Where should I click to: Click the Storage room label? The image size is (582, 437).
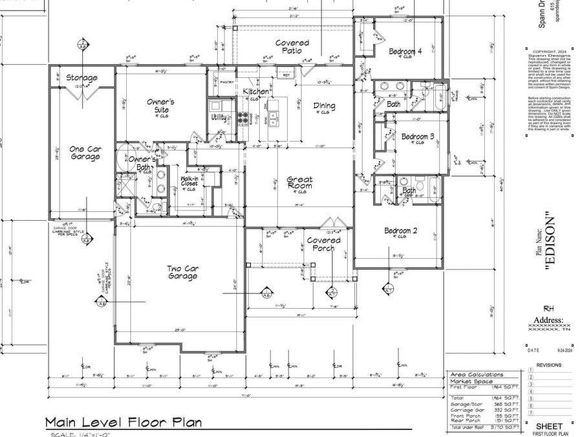[x=82, y=78]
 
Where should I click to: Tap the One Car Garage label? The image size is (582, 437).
[x=85, y=152]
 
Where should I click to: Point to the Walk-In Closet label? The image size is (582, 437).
[x=189, y=181]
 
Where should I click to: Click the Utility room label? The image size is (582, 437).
[x=218, y=117]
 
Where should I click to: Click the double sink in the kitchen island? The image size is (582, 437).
[x=275, y=117]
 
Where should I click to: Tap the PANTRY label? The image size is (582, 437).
[x=226, y=82]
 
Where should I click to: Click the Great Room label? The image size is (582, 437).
[x=299, y=183]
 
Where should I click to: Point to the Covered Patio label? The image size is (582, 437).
[x=292, y=47]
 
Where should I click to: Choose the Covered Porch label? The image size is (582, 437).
[x=323, y=244]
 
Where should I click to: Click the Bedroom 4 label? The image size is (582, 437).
[x=405, y=51]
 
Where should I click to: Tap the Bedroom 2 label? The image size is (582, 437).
[x=402, y=231]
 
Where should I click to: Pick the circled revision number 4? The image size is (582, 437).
[x=530, y=392]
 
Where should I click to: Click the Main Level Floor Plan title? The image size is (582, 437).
[x=123, y=422]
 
